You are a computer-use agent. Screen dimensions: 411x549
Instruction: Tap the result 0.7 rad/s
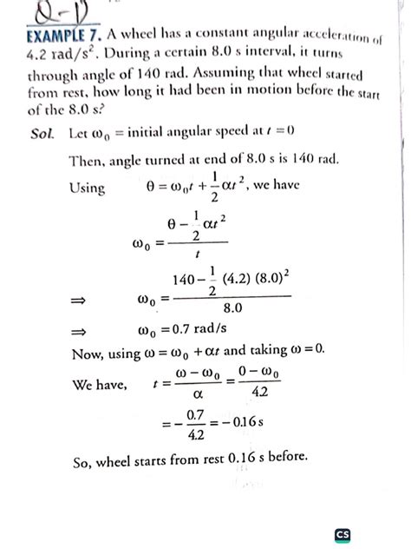click(194, 329)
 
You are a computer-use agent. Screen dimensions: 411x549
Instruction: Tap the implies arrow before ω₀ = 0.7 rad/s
click(80, 330)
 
